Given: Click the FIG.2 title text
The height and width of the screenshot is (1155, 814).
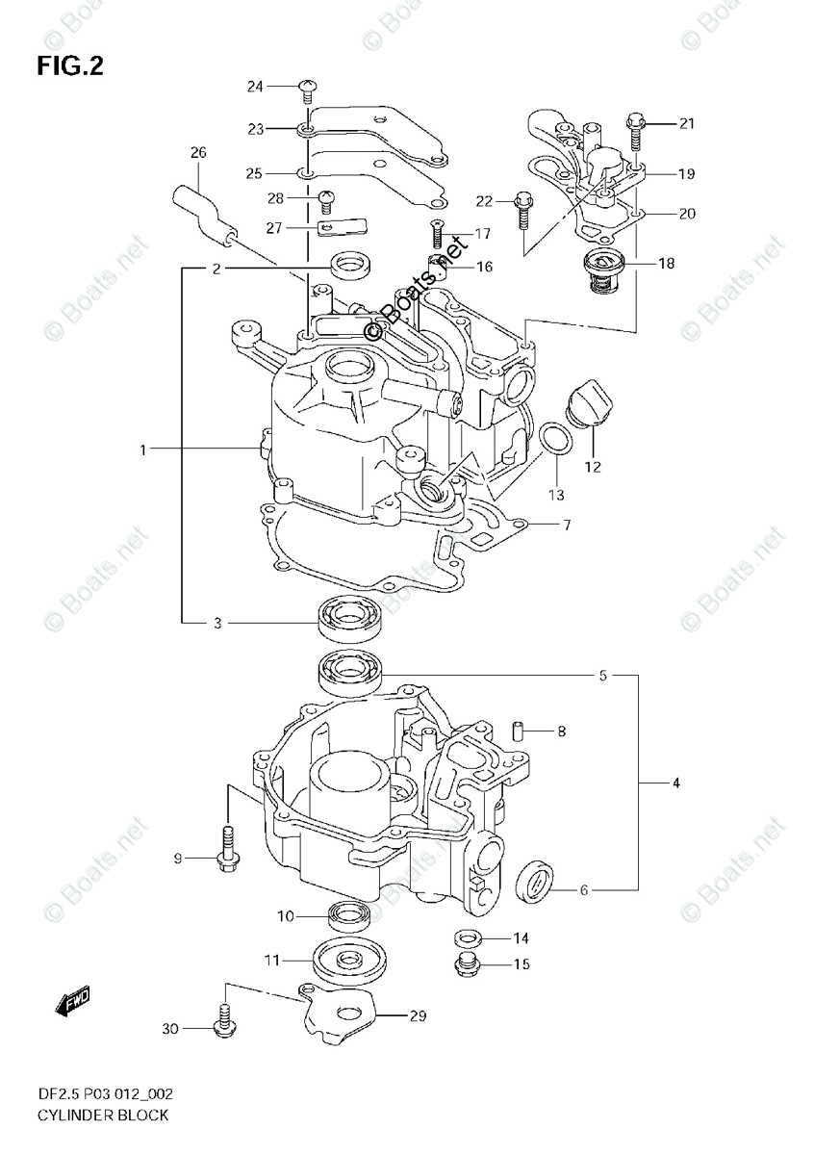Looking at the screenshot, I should click(70, 65).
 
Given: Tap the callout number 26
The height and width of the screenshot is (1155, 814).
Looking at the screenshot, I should click(198, 152).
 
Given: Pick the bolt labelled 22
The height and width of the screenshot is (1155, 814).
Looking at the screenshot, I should click(522, 208).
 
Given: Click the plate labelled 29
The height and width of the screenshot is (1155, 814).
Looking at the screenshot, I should click(341, 1017).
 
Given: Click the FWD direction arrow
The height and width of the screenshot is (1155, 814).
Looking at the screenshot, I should click(73, 1005).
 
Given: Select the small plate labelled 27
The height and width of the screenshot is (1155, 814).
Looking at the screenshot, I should click(343, 228).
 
